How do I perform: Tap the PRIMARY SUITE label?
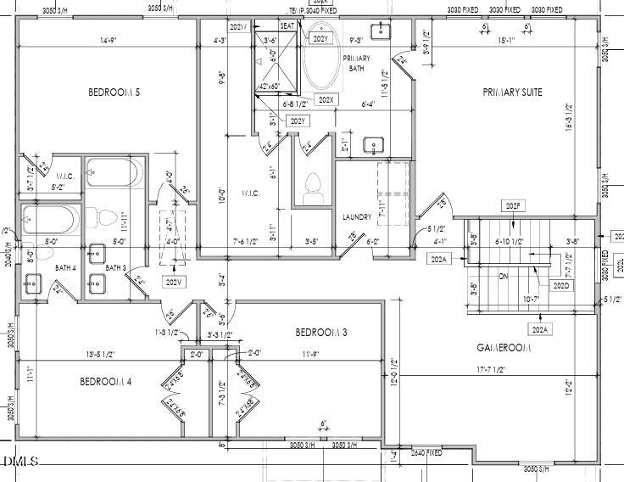pos(512,92)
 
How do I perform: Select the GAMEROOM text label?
pos(504,348)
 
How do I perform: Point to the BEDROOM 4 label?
pos(106,382)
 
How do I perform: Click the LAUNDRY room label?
pos(357,217)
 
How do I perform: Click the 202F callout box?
pos(512,206)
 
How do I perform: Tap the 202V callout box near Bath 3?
pos(174,282)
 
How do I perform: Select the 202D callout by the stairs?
pos(560,286)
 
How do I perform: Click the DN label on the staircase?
pos(503,276)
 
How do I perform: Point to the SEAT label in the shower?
pos(287,26)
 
